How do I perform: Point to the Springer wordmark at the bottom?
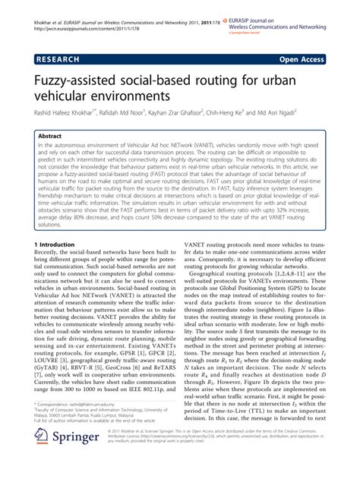(x=78, y=461)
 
